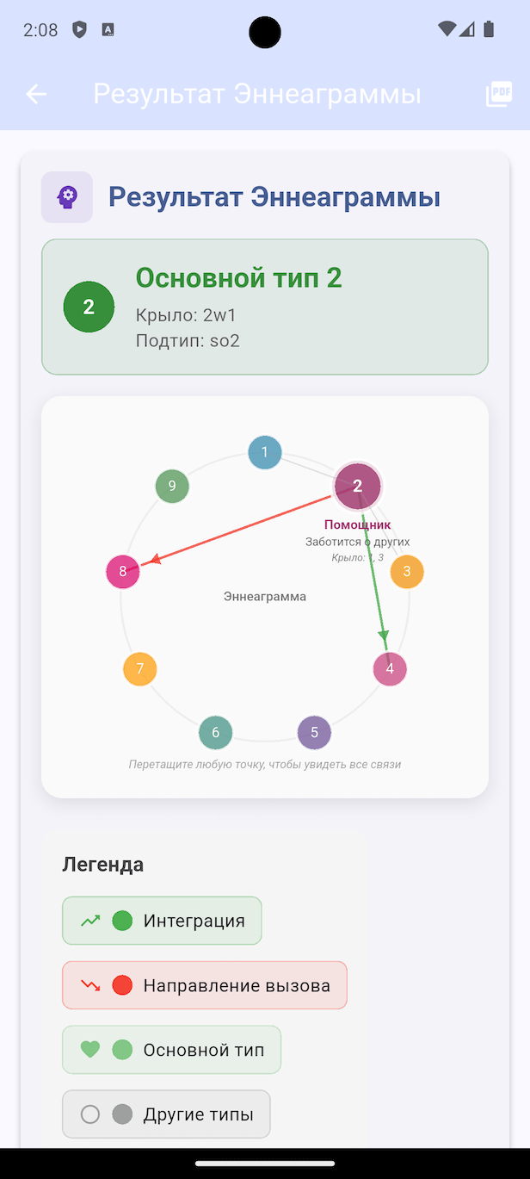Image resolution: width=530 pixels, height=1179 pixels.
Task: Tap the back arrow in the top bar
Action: [36, 94]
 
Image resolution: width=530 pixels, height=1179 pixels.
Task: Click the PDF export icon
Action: [498, 94]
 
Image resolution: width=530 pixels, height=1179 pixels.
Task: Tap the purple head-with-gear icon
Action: [67, 197]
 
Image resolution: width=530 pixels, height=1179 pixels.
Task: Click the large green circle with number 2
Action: [89, 307]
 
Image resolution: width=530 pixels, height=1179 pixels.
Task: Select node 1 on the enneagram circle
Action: [265, 452]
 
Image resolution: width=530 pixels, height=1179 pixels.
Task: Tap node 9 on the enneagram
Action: [172, 486]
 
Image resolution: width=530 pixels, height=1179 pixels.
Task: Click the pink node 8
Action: [123, 572]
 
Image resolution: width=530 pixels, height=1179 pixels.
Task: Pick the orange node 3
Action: [407, 572]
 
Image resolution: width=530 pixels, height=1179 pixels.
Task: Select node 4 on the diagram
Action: [390, 668]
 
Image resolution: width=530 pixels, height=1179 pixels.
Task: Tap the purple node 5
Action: [314, 732]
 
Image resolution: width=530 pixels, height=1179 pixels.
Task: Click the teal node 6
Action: [216, 732]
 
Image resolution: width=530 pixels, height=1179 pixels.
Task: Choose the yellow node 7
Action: [140, 668]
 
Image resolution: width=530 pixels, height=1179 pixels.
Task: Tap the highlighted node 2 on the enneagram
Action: [358, 486]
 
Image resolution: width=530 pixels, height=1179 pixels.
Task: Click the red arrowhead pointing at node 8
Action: [155, 560]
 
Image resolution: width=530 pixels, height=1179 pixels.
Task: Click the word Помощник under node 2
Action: [358, 524]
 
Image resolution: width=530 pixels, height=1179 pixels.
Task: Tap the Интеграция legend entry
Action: [162, 921]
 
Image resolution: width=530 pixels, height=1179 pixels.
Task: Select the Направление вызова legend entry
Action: [205, 985]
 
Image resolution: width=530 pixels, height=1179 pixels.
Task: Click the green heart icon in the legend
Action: [89, 1050]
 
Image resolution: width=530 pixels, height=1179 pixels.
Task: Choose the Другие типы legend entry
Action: [166, 1114]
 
